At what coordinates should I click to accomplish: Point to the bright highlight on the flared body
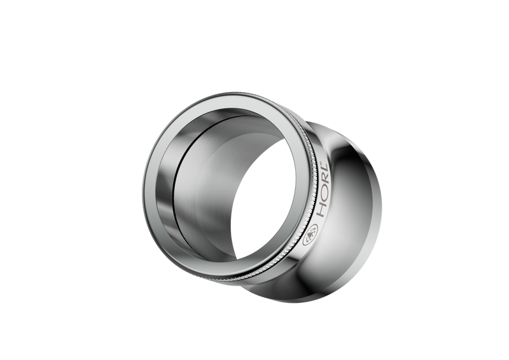[356, 210]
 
